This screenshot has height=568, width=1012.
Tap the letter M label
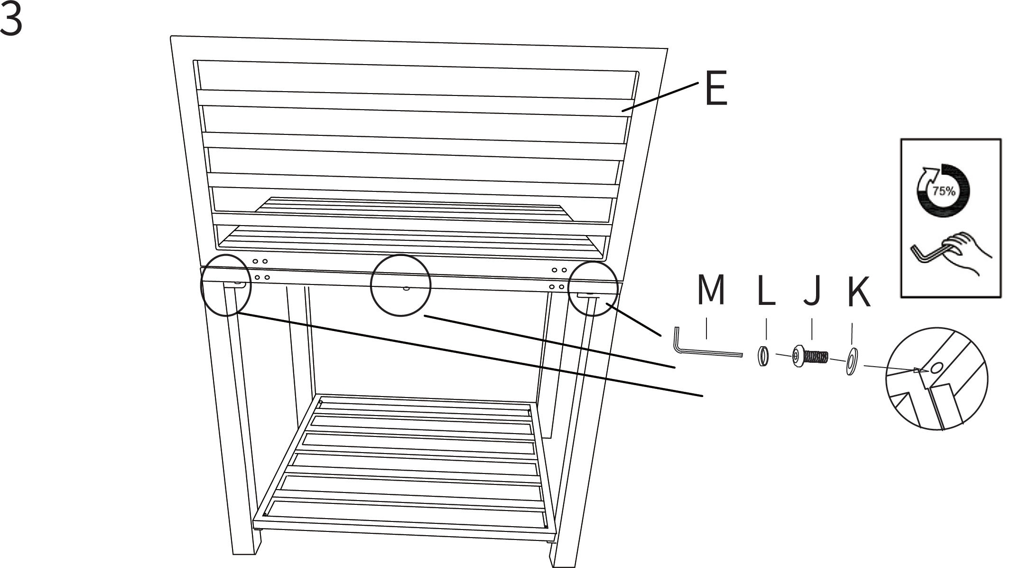[x=711, y=290]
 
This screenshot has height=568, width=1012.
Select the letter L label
[x=767, y=290]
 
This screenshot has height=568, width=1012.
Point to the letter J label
[x=812, y=290]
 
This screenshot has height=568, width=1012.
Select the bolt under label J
[x=810, y=357]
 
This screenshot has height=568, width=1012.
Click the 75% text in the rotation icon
[x=944, y=191]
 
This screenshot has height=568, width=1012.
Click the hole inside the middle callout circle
[x=406, y=288]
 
